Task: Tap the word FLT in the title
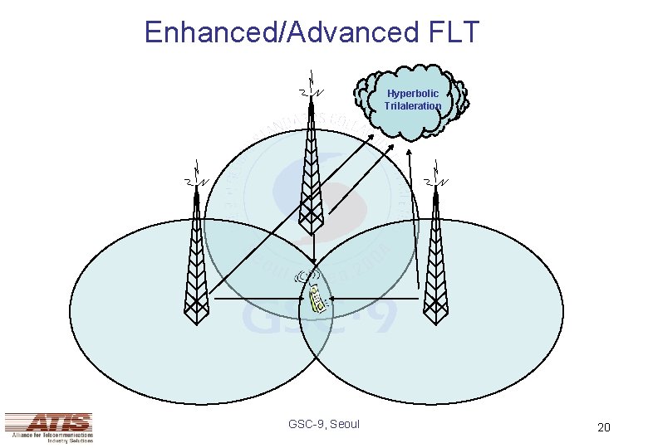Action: pyautogui.click(x=452, y=32)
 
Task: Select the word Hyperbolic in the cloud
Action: pyautogui.click(x=413, y=94)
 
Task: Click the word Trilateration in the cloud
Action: pyautogui.click(x=413, y=106)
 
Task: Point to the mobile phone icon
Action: pyautogui.click(x=316, y=298)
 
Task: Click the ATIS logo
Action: pyautogui.click(x=48, y=426)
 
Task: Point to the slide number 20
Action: pyautogui.click(x=604, y=427)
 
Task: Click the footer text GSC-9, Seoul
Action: pyautogui.click(x=324, y=424)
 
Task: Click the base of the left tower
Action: pyautogui.click(x=196, y=319)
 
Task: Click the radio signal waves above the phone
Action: pyautogui.click(x=308, y=275)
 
